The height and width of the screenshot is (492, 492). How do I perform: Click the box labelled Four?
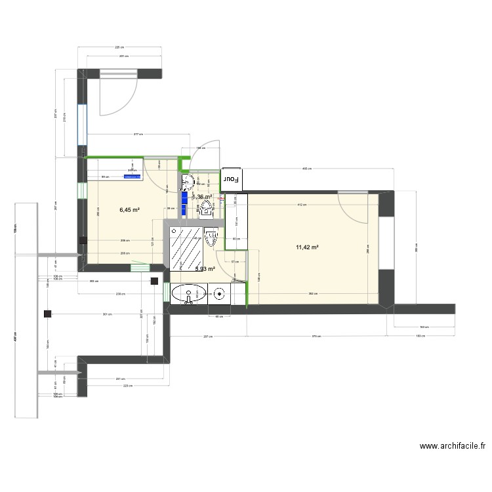tap(232, 178)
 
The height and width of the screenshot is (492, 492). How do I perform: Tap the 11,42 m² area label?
tap(307, 247)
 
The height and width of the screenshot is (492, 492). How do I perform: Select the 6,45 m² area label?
tap(129, 210)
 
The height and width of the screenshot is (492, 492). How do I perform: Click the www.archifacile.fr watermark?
tap(452, 446)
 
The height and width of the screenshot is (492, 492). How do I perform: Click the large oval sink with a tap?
tap(189, 294)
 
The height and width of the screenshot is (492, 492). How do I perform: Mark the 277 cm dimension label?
tap(137, 134)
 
